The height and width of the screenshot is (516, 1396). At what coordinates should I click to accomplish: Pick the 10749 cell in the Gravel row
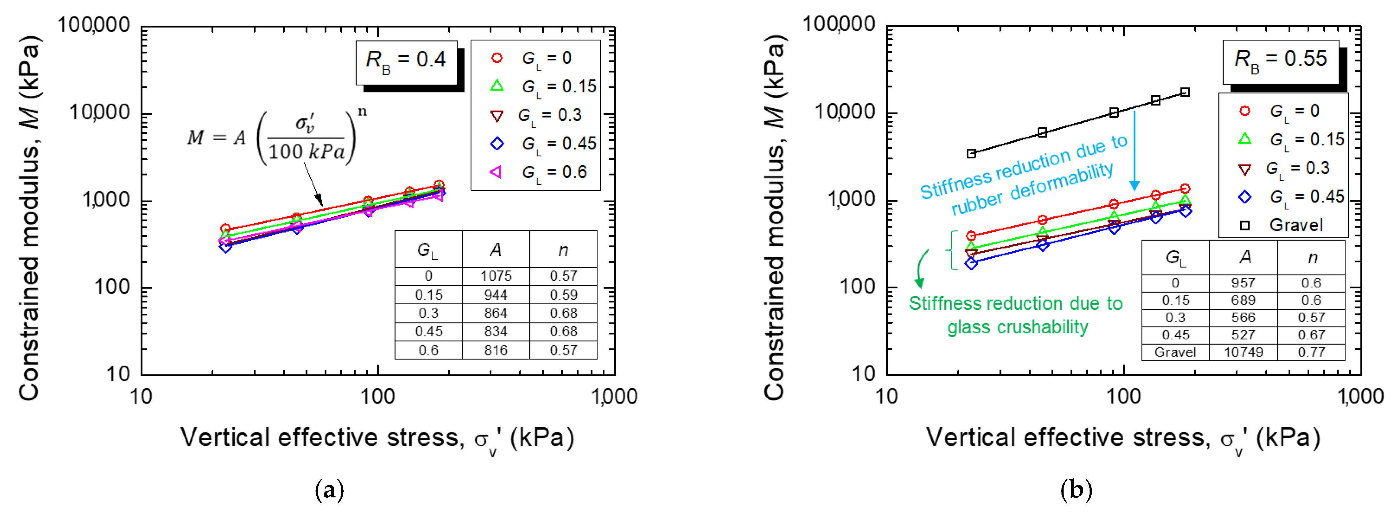1243,352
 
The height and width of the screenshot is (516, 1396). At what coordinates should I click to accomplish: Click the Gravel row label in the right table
1175,352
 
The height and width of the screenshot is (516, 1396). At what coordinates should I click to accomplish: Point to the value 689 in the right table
1243,300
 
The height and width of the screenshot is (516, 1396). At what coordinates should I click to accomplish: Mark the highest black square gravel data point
1185,92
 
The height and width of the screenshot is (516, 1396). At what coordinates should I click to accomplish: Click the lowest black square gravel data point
972,154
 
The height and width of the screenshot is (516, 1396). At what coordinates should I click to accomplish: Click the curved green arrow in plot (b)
921,268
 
